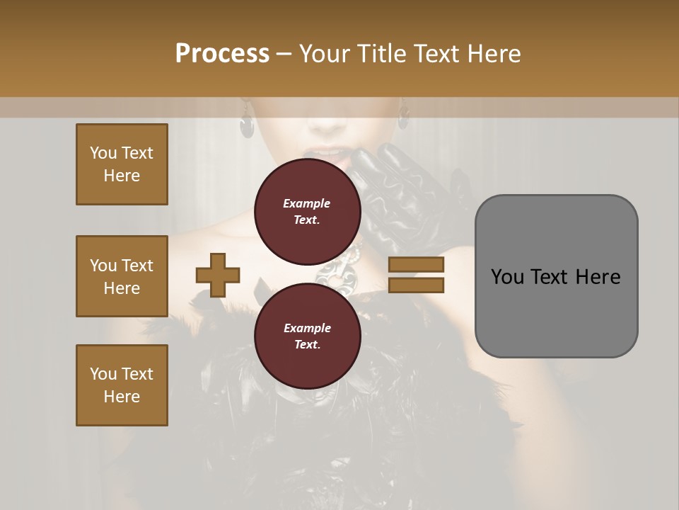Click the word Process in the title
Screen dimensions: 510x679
222,54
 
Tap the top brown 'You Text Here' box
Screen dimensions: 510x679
122,164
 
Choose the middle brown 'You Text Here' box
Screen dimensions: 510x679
122,276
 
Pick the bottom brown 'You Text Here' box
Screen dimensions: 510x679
122,385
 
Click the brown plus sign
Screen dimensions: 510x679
218,275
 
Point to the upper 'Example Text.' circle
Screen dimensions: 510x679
307,211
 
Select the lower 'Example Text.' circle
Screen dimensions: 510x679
307,336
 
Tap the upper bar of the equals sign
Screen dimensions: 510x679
417,265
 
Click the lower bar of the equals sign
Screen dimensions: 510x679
417,285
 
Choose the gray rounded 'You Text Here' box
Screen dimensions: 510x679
556,276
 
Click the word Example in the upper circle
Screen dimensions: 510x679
307,203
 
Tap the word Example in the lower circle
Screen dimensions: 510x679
307,328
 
